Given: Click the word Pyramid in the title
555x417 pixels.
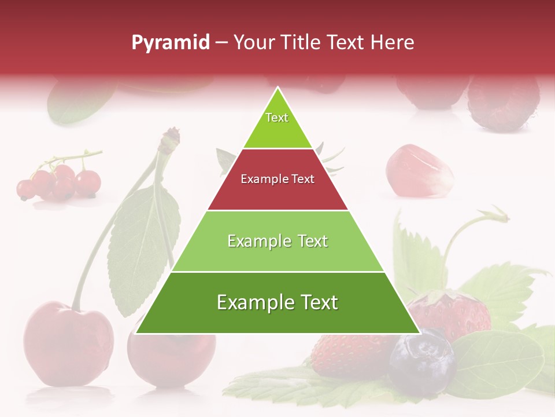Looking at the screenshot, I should (171, 43).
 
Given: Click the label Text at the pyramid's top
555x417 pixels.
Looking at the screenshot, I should (277, 118).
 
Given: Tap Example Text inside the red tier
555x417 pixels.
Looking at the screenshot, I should (277, 179).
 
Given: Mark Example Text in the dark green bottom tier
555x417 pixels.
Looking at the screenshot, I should (277, 302).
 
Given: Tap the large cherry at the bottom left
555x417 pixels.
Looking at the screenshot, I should (68, 342).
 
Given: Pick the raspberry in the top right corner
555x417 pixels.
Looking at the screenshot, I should (503, 104).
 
